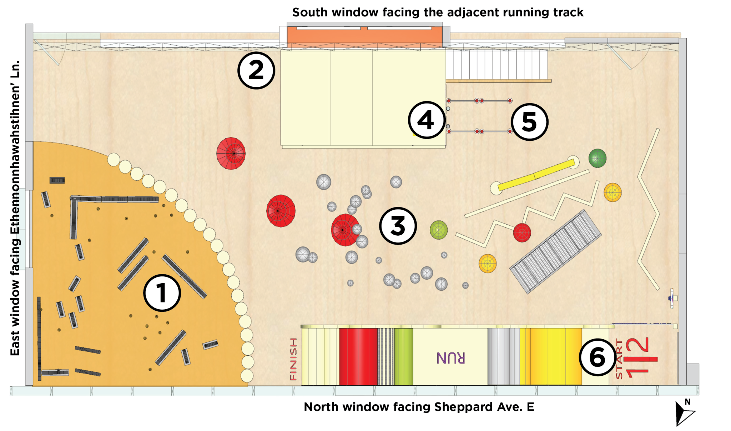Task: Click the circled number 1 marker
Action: pyautogui.click(x=162, y=293)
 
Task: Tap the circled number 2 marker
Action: pyautogui.click(x=256, y=70)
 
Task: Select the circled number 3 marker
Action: pyautogui.click(x=398, y=226)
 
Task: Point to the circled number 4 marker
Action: pyautogui.click(x=426, y=120)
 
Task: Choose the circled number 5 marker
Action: pyautogui.click(x=529, y=122)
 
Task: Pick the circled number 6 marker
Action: pyautogui.click(x=597, y=357)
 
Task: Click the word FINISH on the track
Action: pyautogui.click(x=293, y=359)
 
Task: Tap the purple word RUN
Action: pyautogui.click(x=451, y=358)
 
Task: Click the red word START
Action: pyautogui.click(x=619, y=359)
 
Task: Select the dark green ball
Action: pyautogui.click(x=597, y=158)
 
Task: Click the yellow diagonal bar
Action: pyautogui.click(x=535, y=175)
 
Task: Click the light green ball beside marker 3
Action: pyautogui.click(x=439, y=230)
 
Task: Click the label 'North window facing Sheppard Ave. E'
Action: pyautogui.click(x=419, y=407)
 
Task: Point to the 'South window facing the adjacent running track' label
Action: pyautogui.click(x=438, y=12)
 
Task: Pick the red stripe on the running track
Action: pyautogui.click(x=358, y=357)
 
